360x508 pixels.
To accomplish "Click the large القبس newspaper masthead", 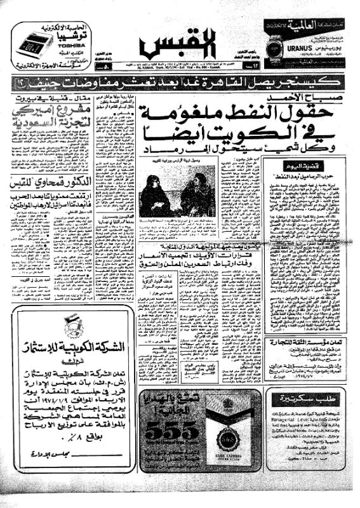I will (179, 44).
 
